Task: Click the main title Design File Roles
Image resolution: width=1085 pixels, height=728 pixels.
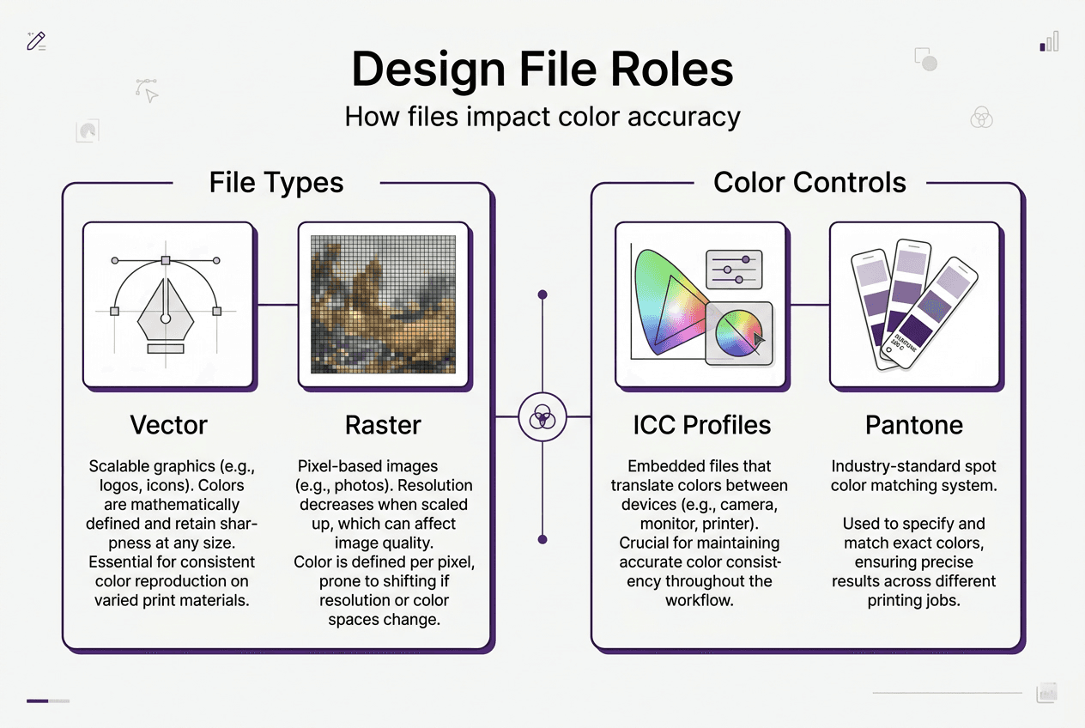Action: click(542, 70)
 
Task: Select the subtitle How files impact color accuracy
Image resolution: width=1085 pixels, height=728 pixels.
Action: click(542, 116)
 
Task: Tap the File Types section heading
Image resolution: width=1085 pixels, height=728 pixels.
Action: click(276, 182)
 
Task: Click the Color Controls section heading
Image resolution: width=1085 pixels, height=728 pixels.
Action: click(809, 182)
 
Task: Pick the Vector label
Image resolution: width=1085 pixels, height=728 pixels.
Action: click(168, 425)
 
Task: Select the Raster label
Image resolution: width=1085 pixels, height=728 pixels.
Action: click(383, 425)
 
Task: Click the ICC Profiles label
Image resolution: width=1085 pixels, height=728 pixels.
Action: click(701, 425)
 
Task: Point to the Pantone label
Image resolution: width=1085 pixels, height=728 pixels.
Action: click(914, 425)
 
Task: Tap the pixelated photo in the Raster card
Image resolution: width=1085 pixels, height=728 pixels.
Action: click(383, 305)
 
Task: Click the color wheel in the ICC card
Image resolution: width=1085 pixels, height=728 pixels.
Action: click(738, 333)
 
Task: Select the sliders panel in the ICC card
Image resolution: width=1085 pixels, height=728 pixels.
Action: click(734, 268)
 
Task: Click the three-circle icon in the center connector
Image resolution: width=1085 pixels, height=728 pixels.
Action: click(542, 417)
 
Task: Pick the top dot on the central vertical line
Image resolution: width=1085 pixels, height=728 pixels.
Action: click(542, 295)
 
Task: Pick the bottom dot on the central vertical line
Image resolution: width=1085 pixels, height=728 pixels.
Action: click(542, 539)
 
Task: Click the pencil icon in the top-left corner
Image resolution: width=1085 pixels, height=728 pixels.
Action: click(36, 41)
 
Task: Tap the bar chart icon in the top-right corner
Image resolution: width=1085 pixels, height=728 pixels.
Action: click(1049, 42)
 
